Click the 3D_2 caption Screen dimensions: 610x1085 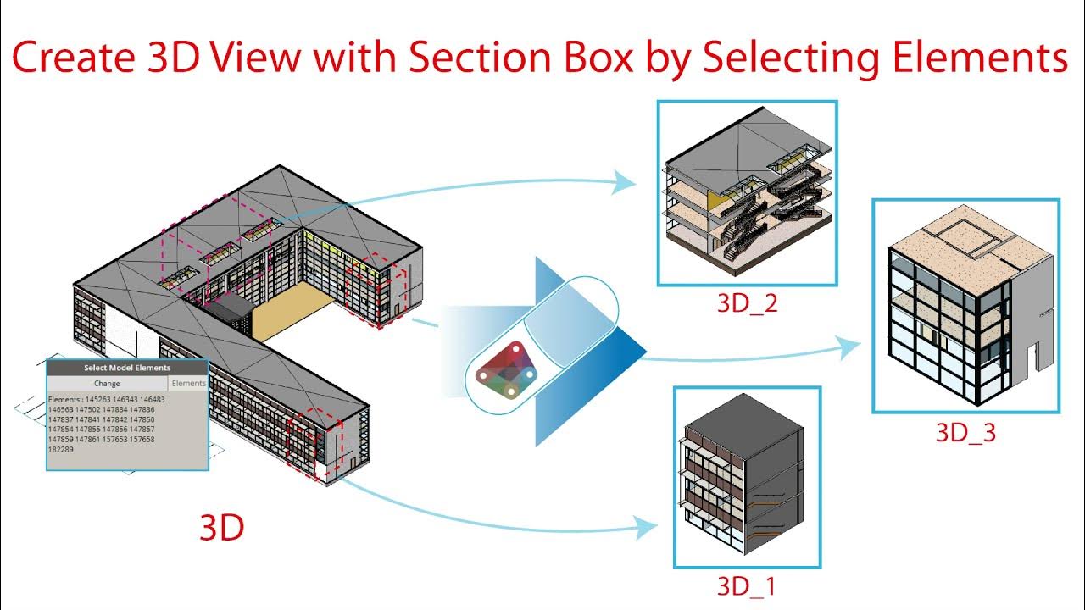click(x=747, y=303)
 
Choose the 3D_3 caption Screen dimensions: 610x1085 click(x=965, y=432)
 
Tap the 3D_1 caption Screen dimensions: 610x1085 click(x=746, y=585)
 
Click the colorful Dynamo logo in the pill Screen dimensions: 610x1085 click(x=506, y=370)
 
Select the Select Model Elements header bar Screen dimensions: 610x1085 click(x=127, y=368)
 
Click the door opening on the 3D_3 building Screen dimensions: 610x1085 click(x=1032, y=361)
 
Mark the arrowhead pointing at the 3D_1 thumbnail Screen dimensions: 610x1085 click(x=648, y=528)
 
